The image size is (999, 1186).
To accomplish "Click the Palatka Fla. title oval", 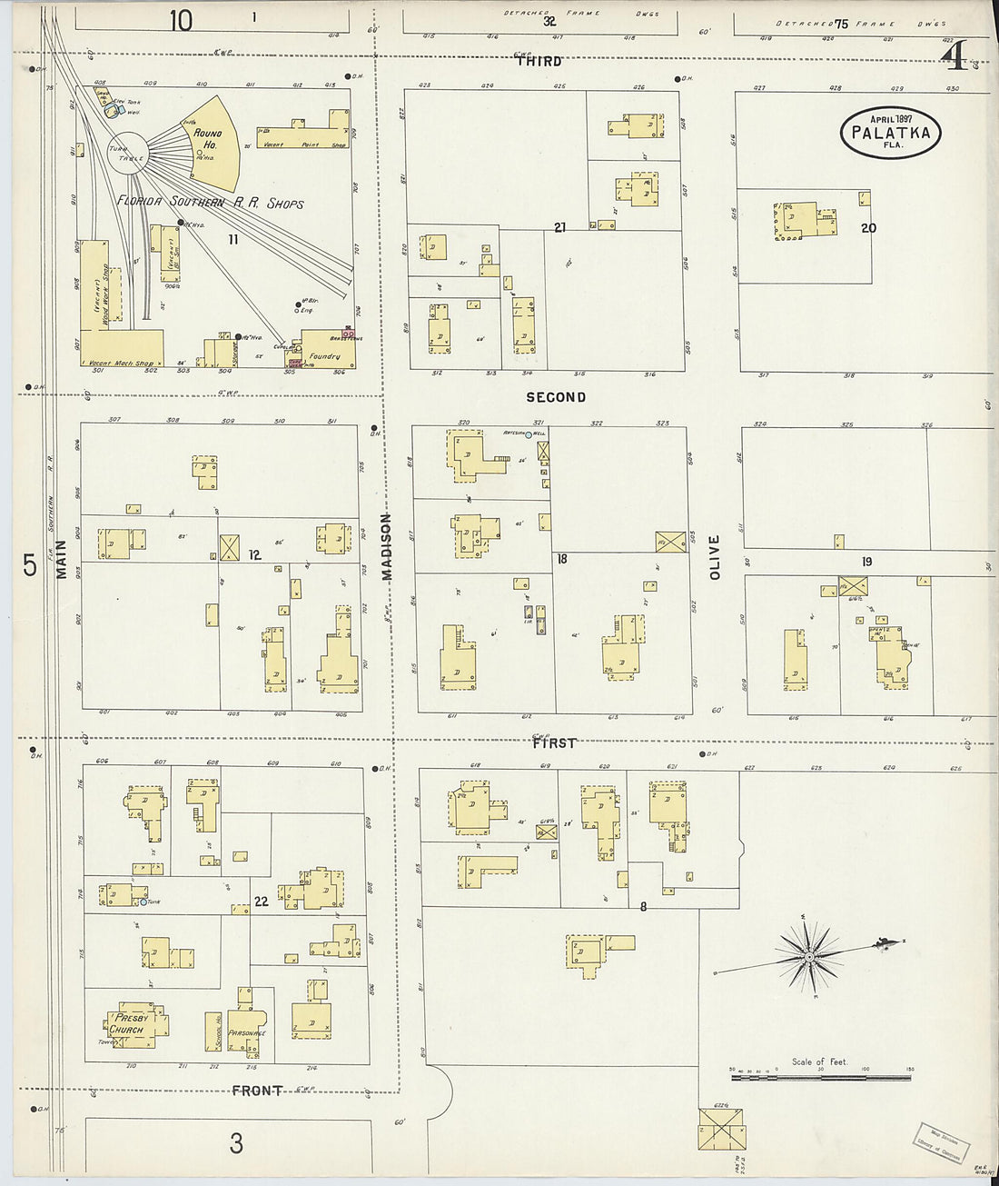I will tap(890, 133).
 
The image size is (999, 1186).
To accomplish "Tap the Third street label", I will tap(539, 62).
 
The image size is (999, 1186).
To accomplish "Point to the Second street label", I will tap(556, 397).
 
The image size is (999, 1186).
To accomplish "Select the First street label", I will tap(554, 742).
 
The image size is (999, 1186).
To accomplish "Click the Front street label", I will tap(257, 1090).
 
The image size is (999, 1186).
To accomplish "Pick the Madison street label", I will tap(387, 546).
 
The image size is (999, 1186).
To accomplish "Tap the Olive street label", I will tap(714, 557).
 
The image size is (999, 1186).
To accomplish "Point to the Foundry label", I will tap(324, 357).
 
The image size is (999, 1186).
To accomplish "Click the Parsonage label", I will tap(246, 1032).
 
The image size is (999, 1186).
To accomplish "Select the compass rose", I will tap(808, 956).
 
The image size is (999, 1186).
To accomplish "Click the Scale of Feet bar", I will tap(821, 1078).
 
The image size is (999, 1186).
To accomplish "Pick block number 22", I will tap(262, 902).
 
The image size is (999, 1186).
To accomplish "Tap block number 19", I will tap(866, 562).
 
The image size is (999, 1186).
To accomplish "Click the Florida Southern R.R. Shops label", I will tap(210, 201).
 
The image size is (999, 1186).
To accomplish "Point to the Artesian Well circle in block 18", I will tap(528, 434).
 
